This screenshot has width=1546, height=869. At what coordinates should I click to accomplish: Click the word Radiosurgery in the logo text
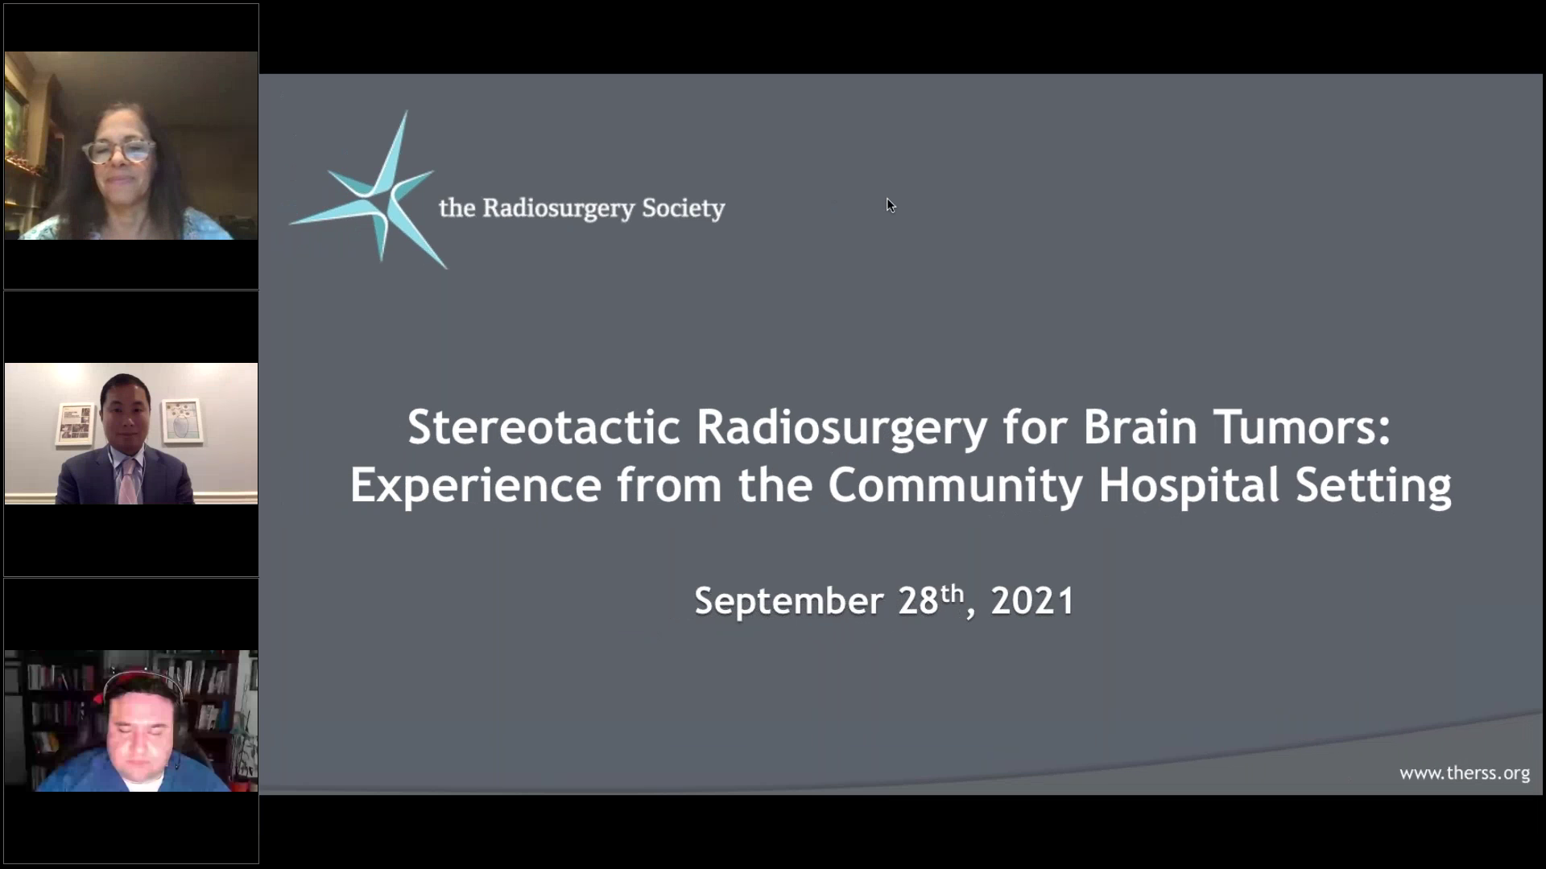tap(558, 208)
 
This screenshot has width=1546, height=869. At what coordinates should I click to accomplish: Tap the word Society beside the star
tap(683, 208)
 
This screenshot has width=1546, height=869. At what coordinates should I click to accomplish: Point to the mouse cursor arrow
tap(890, 205)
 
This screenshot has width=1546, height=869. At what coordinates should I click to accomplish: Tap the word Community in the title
tap(954, 485)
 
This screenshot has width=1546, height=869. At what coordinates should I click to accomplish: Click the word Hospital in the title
tap(1188, 485)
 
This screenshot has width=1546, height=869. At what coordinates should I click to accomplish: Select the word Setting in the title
tap(1373, 487)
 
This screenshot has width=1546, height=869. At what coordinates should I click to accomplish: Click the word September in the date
tap(789, 602)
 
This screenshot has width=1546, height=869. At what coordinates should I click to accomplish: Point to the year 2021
tap(1032, 602)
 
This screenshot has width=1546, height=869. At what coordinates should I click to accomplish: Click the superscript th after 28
tap(952, 594)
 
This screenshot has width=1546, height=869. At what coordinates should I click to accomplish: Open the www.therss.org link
tap(1464, 773)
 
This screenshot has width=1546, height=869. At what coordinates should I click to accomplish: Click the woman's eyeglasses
tap(119, 150)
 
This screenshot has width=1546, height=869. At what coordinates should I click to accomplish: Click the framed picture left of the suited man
tap(75, 423)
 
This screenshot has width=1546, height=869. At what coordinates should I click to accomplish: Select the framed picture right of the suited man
tap(182, 421)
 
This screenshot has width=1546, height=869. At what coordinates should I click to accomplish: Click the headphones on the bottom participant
tap(141, 677)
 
